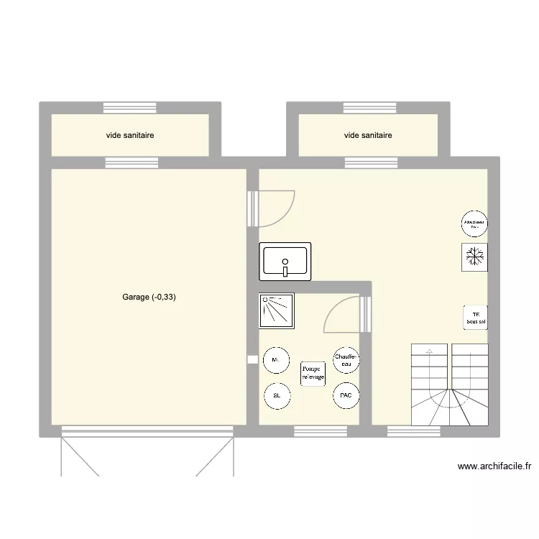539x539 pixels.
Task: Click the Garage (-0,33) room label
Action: [x=148, y=297]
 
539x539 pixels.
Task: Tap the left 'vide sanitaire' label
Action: [x=130, y=135]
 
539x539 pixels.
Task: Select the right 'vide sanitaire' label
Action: [x=368, y=135]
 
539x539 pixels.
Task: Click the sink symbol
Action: [x=285, y=261]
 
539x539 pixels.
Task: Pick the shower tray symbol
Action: [x=276, y=310]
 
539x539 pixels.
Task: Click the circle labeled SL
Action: [x=277, y=395]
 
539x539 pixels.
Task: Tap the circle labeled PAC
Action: [x=346, y=395]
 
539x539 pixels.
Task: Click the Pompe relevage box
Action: [x=313, y=372]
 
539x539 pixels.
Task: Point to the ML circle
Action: [x=277, y=360]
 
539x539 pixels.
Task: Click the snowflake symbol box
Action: [x=474, y=257]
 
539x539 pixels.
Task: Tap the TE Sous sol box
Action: [x=475, y=317]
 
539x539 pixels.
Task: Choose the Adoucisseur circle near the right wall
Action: [x=475, y=223]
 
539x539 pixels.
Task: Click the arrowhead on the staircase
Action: [x=429, y=351]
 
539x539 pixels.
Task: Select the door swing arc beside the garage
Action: [x=277, y=208]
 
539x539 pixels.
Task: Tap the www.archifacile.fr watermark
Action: [x=494, y=466]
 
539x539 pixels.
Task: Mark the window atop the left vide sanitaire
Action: [x=130, y=108]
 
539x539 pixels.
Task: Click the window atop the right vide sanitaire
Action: [x=368, y=108]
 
